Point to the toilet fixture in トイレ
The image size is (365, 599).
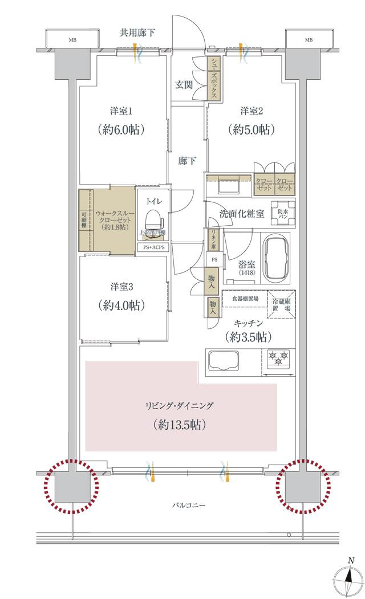click(153, 221)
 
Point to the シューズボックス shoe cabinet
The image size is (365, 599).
click(212, 79)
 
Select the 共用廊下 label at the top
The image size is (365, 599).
click(137, 33)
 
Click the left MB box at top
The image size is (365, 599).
click(72, 40)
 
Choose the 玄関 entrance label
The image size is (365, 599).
click(183, 85)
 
